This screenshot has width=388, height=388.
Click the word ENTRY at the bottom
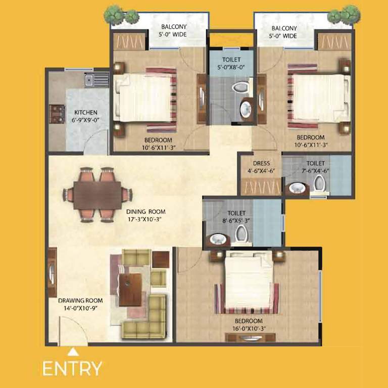(x=72, y=368)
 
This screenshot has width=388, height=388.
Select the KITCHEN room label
(x=86, y=112)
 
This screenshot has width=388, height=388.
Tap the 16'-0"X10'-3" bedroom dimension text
(x=248, y=328)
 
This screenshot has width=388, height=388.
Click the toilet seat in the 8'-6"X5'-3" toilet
(x=241, y=233)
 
